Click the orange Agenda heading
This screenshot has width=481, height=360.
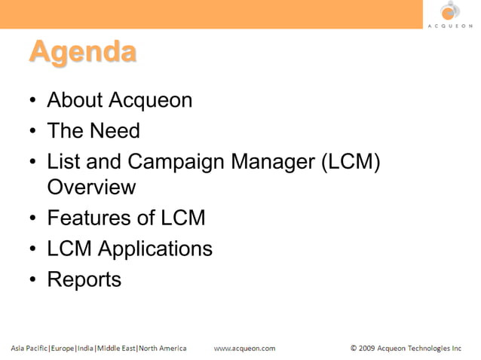83,52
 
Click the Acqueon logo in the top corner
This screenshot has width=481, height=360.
450,14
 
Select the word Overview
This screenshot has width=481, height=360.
91,187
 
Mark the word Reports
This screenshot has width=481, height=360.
84,279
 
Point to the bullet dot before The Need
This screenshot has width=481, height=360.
34,132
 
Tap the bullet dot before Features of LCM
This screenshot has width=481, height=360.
34,219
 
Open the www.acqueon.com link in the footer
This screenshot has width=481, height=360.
244,348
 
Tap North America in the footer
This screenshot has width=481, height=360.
162,348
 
